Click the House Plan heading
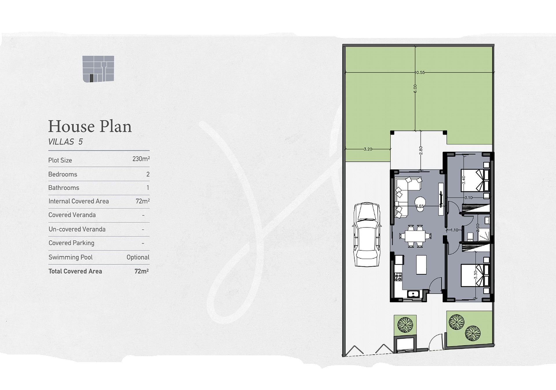(x=90, y=127)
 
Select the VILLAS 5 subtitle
(x=65, y=142)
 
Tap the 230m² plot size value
(x=141, y=159)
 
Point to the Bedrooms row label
(x=63, y=174)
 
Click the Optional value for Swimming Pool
(x=138, y=257)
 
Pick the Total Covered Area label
(x=75, y=271)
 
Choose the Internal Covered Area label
(x=79, y=201)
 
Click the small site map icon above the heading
(x=98, y=69)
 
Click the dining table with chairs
(x=415, y=236)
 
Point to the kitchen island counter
(x=421, y=264)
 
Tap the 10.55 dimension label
(x=420, y=72)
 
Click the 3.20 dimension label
(x=368, y=149)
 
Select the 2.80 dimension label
(x=421, y=150)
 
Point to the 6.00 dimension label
(x=415, y=89)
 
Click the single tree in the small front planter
(x=405, y=325)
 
